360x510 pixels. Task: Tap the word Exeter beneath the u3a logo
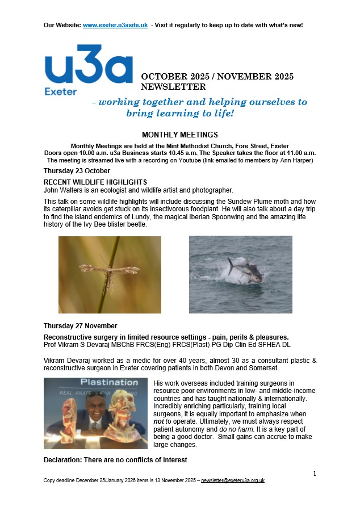click(x=60, y=91)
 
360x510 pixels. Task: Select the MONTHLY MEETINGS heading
click(x=179, y=135)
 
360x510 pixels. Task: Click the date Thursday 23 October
click(x=77, y=171)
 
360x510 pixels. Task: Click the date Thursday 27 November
click(x=80, y=326)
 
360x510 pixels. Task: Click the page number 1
click(x=315, y=473)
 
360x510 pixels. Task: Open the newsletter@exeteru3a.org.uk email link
click(x=233, y=480)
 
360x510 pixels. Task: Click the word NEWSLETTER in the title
click(x=173, y=87)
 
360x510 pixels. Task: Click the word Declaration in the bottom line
click(x=64, y=459)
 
